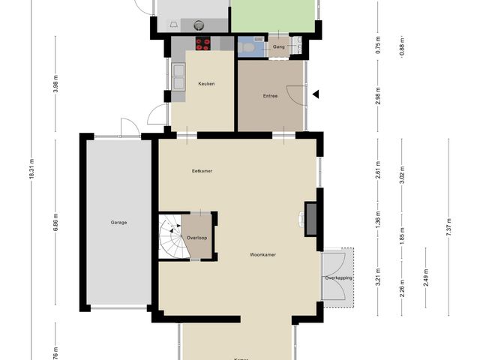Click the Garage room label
click(118, 222)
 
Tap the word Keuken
click(206, 84)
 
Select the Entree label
click(270, 95)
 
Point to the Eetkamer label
click(202, 171)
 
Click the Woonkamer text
click(263, 255)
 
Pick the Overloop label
click(196, 237)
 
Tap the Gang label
click(279, 47)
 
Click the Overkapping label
click(338, 277)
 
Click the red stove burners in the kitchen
click(203, 44)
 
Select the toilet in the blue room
click(249, 47)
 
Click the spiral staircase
click(171, 237)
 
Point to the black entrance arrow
click(316, 94)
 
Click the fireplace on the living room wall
click(310, 218)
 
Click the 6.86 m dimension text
click(55, 222)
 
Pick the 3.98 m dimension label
click(55, 87)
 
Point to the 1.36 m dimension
click(378, 221)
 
